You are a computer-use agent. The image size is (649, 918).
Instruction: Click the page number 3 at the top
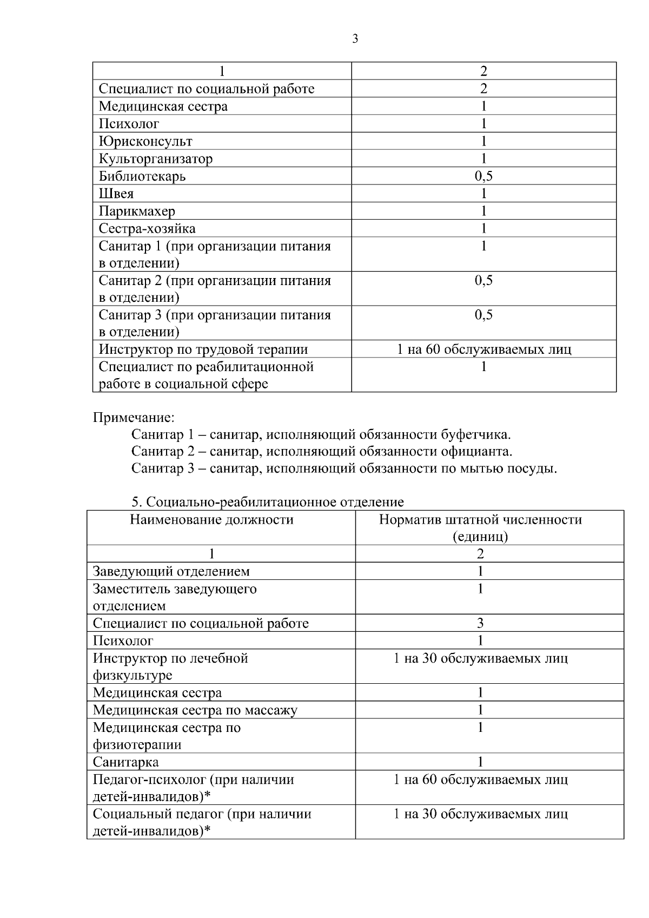(355, 39)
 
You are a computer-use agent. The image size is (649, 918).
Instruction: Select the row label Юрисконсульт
(145, 142)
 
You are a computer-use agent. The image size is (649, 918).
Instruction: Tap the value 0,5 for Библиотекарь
(484, 176)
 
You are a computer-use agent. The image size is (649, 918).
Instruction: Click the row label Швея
(116, 194)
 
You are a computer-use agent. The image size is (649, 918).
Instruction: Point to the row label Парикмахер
(137, 211)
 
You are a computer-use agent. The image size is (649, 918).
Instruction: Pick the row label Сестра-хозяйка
(147, 228)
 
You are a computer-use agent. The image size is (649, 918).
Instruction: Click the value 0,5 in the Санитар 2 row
(484, 281)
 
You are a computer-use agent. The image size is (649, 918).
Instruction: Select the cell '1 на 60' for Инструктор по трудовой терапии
(484, 349)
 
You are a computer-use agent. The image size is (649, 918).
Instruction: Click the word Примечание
(134, 418)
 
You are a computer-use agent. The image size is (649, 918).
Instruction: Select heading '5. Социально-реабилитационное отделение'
(267, 502)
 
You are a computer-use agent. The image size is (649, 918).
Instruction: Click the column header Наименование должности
(211, 520)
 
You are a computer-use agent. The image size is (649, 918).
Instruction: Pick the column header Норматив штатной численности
(480, 520)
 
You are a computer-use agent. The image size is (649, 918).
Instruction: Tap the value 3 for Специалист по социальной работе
(480, 623)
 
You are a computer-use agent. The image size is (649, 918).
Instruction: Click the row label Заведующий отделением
(171, 571)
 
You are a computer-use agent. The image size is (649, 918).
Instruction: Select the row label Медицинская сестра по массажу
(195, 710)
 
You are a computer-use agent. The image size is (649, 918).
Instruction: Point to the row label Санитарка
(125, 762)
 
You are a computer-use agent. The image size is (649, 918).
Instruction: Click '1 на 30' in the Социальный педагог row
(480, 814)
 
